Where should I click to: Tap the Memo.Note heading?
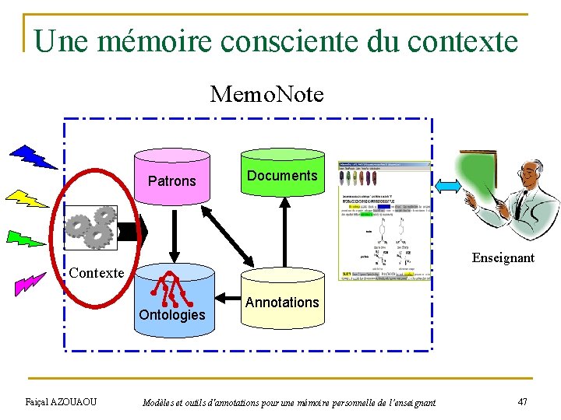[266, 95]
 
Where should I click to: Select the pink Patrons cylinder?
[172, 180]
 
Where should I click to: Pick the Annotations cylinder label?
[282, 302]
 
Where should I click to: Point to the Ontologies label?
[171, 315]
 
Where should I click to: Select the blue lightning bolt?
[32, 156]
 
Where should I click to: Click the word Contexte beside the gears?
[97, 273]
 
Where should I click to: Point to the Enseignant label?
[503, 257]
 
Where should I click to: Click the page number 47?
[523, 401]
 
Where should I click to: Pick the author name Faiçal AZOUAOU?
[61, 401]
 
